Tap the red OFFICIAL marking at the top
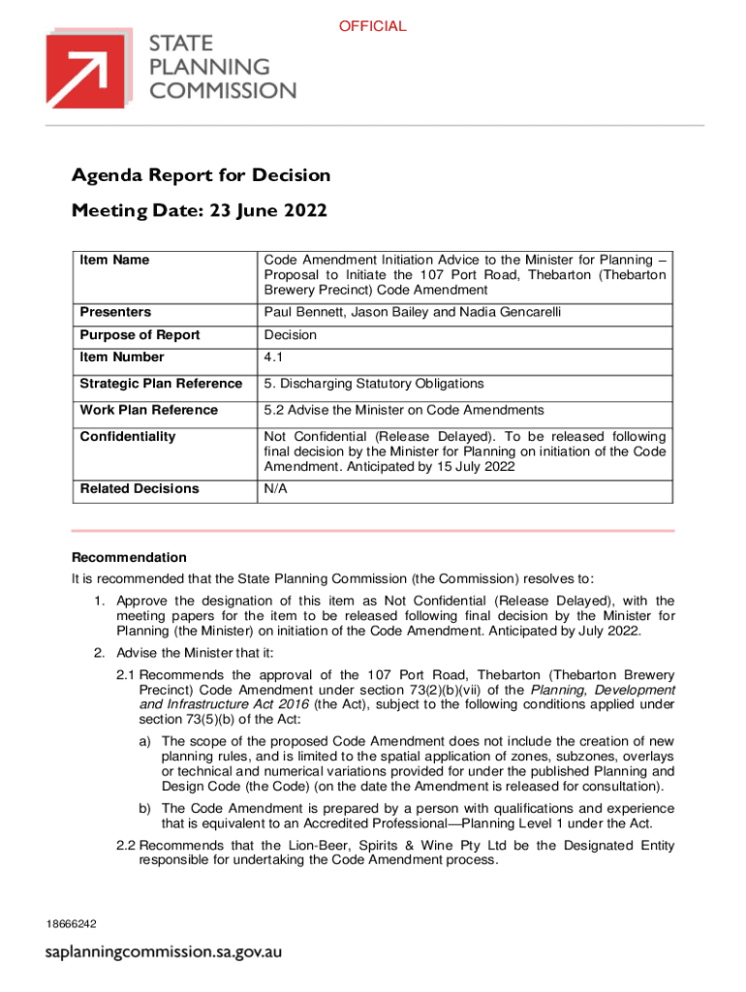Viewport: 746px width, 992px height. pos(372,26)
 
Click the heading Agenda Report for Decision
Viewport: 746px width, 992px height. pos(201,175)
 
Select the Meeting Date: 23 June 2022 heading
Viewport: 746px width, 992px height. pos(199,210)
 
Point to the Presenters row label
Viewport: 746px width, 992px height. pos(115,312)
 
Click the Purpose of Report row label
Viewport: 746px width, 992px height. pos(140,335)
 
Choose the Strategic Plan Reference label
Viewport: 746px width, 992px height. pos(161,385)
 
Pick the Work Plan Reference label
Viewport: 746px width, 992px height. pos(148,411)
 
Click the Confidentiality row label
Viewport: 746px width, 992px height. pos(128,437)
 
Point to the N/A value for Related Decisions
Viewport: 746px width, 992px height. pos(276,489)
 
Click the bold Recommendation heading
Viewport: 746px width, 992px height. pos(129,558)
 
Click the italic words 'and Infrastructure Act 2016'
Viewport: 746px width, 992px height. pos(222,704)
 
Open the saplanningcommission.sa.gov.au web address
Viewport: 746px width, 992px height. pos(165,952)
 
